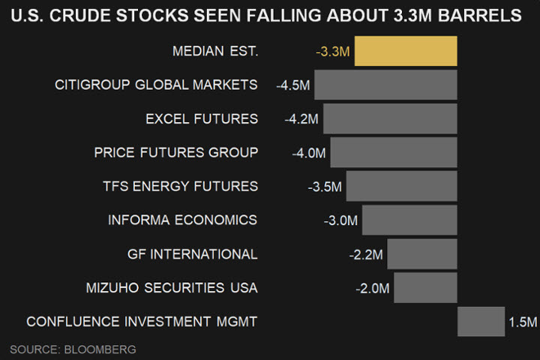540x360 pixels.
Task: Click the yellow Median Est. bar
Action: pos(405,51)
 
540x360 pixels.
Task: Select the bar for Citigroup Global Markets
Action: pos(385,85)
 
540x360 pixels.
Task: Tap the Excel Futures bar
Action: pos(390,118)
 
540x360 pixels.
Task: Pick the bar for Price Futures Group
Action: pos(393,152)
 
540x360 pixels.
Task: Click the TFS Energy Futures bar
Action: pos(401,186)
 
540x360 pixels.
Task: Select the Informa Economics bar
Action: pos(409,220)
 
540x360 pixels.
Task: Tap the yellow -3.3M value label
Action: pos(332,52)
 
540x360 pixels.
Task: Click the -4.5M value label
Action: pos(292,85)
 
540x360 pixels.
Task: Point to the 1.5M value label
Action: pos(523,322)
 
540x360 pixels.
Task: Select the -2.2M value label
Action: pos(366,255)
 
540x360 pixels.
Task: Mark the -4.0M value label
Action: pos(309,153)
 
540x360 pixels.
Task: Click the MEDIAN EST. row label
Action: pos(215,51)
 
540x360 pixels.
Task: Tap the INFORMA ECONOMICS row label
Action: pos(182,220)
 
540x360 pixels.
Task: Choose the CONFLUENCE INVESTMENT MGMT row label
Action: pos(142,322)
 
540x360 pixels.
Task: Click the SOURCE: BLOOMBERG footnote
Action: pos(73,349)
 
